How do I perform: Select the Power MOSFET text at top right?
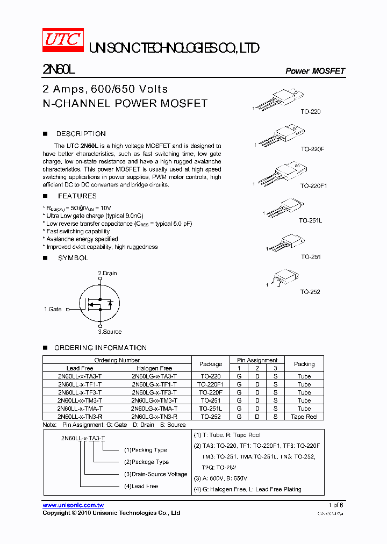tap(315, 71)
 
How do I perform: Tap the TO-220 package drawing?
tap(278, 101)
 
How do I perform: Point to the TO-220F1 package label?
tap(314, 185)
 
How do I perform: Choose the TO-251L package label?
tap(310, 220)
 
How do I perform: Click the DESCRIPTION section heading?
tap(81, 134)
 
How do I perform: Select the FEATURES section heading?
tap(77, 196)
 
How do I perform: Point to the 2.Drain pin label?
tap(107, 273)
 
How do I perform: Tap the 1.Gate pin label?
tap(53, 310)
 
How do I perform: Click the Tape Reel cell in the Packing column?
tap(304, 417)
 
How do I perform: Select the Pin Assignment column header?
tap(257, 360)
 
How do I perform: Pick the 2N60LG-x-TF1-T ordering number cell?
tap(154, 384)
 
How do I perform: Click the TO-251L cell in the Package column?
tap(211, 409)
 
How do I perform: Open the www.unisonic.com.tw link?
tap(73, 505)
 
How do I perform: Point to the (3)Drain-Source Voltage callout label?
tap(156, 474)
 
